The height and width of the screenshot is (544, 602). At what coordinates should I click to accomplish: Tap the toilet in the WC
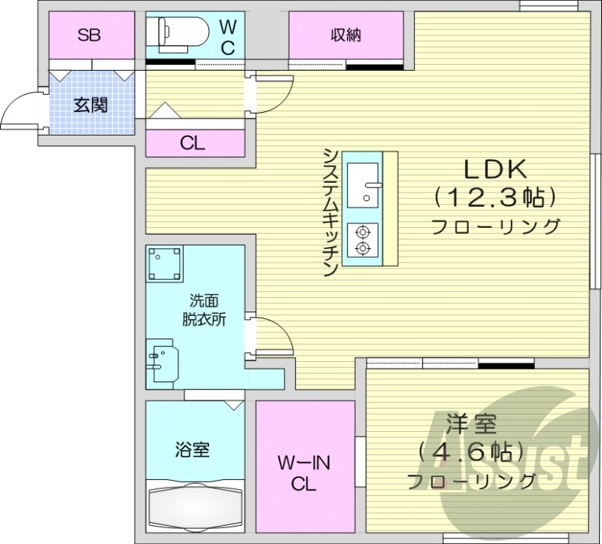click(x=176, y=33)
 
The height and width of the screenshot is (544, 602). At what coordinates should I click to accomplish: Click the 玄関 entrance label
click(x=90, y=105)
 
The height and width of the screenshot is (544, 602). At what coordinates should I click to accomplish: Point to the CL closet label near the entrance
click(x=193, y=143)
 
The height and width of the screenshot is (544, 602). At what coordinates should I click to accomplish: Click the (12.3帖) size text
click(x=494, y=197)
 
